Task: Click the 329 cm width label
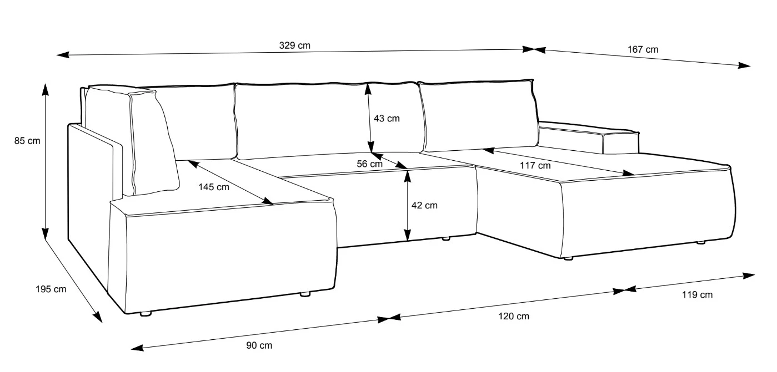pyautogui.click(x=294, y=45)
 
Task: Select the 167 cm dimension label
pyautogui.click(x=643, y=49)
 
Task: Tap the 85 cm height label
pyautogui.click(x=27, y=141)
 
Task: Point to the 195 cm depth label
pyautogui.click(x=51, y=289)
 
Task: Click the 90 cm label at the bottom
pyautogui.click(x=259, y=345)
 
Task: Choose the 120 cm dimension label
pyautogui.click(x=514, y=316)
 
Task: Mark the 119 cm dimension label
pyautogui.click(x=697, y=295)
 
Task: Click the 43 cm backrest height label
pyautogui.click(x=387, y=119)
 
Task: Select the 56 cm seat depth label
pyautogui.click(x=369, y=164)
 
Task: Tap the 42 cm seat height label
pyautogui.click(x=424, y=205)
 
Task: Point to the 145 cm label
pyautogui.click(x=214, y=187)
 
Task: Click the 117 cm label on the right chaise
pyautogui.click(x=535, y=166)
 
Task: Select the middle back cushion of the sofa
pyautogui.click(x=328, y=120)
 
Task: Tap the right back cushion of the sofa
pyautogui.click(x=479, y=116)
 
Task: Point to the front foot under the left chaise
pyautogui.click(x=146, y=314)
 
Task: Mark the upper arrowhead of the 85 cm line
pyautogui.click(x=45, y=89)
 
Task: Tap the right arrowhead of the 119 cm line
pyautogui.click(x=749, y=276)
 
